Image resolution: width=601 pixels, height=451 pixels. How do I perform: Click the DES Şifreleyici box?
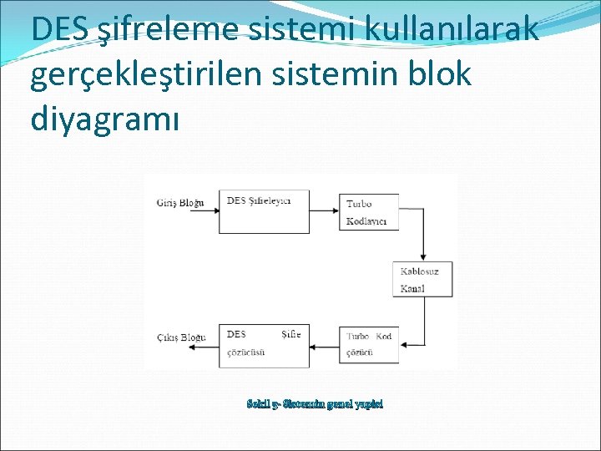point(264,211)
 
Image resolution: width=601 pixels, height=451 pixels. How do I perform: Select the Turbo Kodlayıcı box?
point(370,212)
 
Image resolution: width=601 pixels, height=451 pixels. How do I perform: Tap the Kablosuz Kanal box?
point(422,280)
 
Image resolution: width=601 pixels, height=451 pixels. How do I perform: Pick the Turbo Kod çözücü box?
point(370,345)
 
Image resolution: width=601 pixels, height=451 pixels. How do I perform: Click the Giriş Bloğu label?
point(179,203)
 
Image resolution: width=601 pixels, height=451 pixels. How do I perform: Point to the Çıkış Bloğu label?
point(180,337)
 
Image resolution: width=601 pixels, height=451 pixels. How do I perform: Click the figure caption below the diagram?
point(315,403)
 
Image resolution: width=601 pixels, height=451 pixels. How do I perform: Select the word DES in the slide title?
point(59,29)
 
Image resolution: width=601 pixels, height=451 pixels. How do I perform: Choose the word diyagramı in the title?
point(104,119)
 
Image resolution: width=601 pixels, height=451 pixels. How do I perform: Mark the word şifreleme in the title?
point(167,29)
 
